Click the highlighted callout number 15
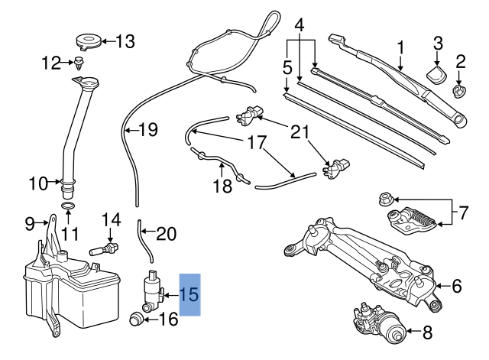189,294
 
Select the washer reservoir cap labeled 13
89,40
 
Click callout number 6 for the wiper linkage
457,287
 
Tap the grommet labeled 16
139,319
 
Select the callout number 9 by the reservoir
30,223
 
